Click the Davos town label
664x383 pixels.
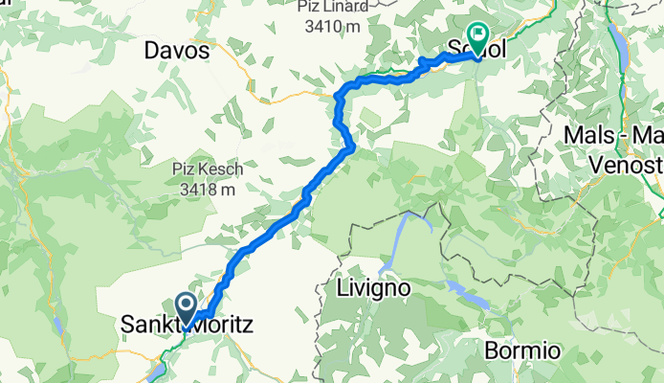[x=177, y=51]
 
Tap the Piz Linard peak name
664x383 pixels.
[x=327, y=7]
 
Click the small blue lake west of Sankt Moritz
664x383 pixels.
[x=59, y=327]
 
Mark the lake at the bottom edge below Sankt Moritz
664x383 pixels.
[x=155, y=372]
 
